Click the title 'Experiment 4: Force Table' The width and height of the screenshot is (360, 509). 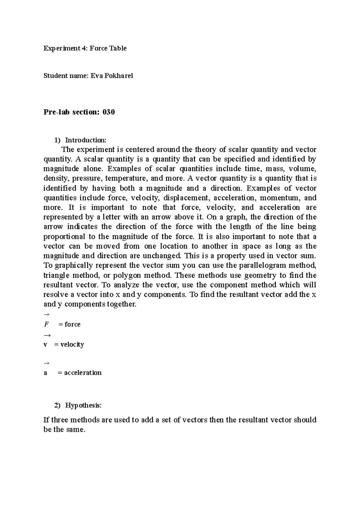(85, 48)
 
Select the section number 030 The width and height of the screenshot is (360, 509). (109, 112)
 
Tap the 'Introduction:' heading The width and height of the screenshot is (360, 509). (86, 140)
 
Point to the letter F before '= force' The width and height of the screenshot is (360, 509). (46, 324)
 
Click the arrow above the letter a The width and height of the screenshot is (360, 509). (46, 363)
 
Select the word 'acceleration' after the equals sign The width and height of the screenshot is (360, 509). (83, 373)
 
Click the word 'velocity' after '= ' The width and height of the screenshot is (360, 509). (72, 344)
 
